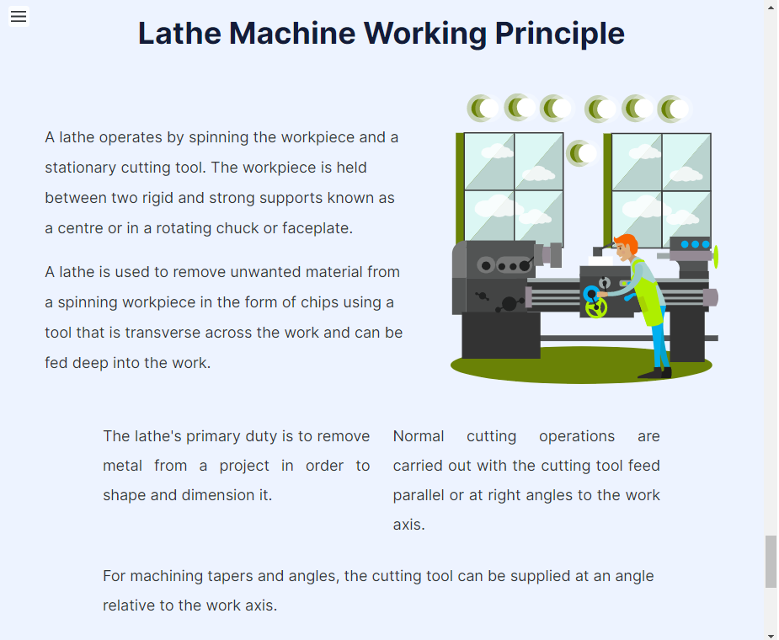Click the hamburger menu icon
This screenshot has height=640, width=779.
(x=19, y=16)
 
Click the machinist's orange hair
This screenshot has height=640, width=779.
(x=626, y=243)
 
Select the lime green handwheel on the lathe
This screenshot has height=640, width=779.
(x=596, y=308)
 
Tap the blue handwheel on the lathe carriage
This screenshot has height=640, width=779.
(x=591, y=293)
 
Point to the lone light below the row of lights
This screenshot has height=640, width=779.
(x=581, y=153)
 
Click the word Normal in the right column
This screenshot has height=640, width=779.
(x=419, y=436)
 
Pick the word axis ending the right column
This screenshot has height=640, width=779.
(x=408, y=525)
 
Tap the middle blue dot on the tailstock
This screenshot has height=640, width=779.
(x=695, y=244)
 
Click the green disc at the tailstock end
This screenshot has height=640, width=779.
(x=716, y=257)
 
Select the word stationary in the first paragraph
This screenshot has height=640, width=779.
(x=81, y=168)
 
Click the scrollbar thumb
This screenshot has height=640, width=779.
(x=771, y=561)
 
